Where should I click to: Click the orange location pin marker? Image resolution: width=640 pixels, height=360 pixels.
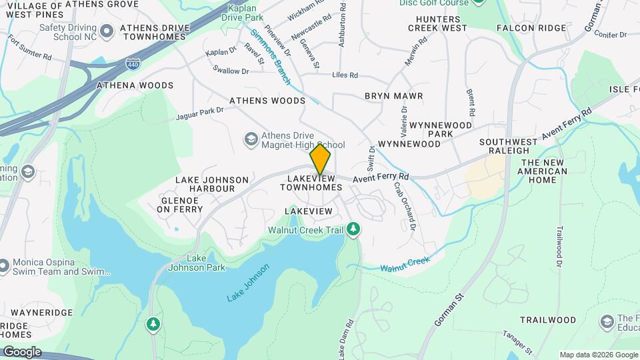[x=320, y=159]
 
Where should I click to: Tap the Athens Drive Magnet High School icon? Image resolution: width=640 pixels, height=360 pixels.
[x=251, y=139]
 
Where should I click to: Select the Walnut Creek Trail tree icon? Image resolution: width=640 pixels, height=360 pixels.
[x=353, y=230]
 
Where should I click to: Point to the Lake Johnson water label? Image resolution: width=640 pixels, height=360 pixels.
[x=248, y=283]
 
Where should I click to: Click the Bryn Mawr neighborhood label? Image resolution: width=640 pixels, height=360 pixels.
[x=393, y=96]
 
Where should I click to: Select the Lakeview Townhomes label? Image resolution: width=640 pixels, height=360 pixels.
[x=311, y=183]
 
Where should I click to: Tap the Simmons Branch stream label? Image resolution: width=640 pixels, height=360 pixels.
[x=271, y=57]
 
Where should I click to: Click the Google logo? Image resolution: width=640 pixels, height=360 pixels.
[x=21, y=351]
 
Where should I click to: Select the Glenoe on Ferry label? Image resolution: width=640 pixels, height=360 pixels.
[x=179, y=205]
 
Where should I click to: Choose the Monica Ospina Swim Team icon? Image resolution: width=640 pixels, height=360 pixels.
[x=4, y=267]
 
